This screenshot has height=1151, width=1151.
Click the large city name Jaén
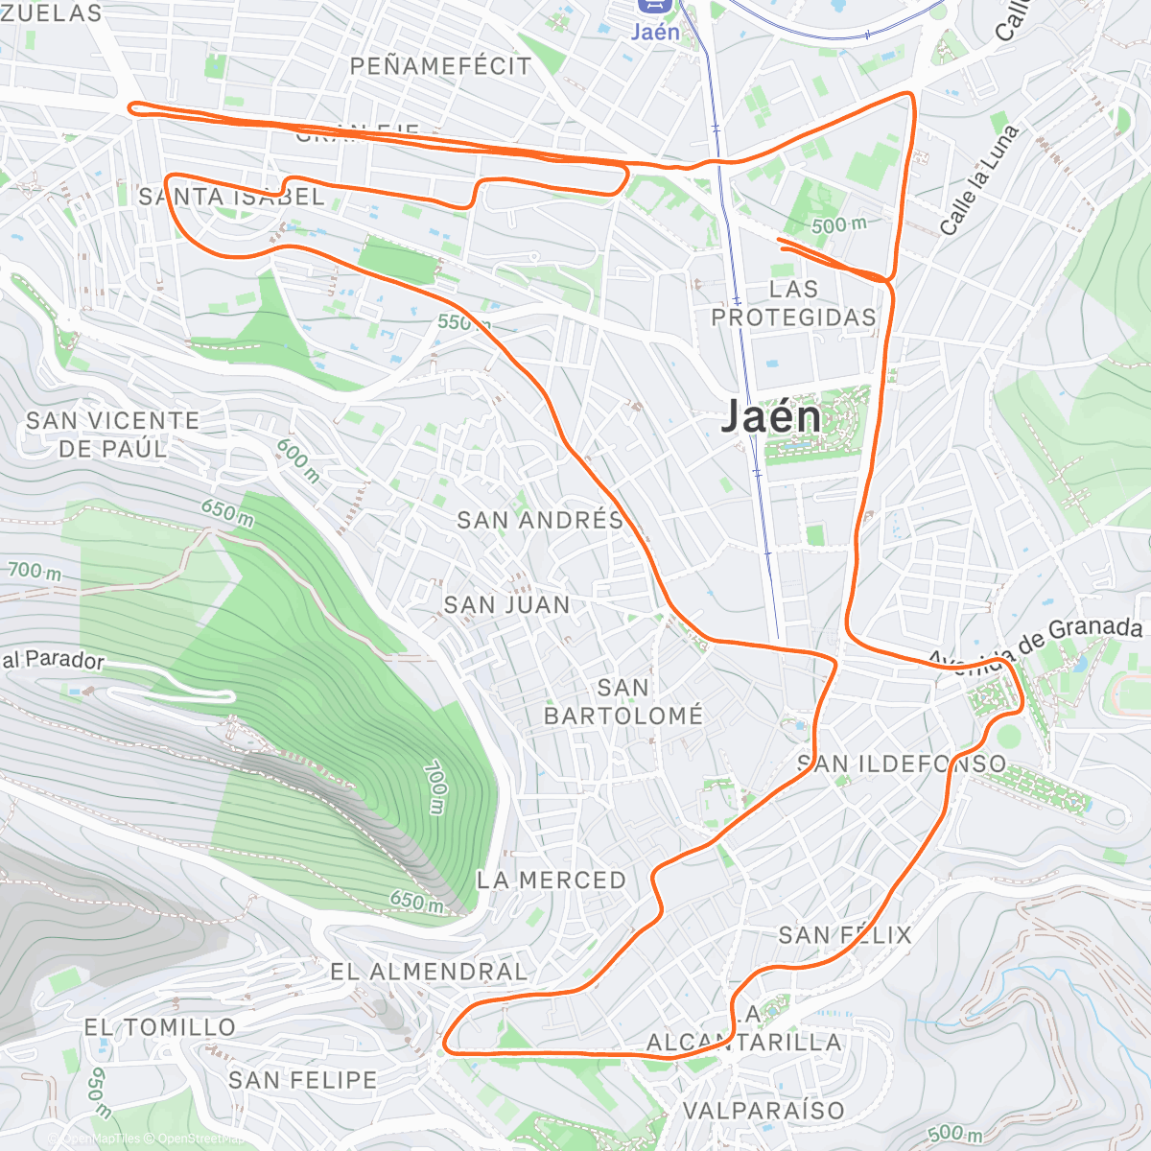click(771, 416)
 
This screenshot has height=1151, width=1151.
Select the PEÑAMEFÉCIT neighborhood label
click(440, 66)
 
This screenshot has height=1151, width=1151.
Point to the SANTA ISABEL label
click(232, 198)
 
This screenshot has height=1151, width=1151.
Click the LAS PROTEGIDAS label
click(794, 303)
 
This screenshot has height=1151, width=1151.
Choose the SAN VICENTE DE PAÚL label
click(113, 435)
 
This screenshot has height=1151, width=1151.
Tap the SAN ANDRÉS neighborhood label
click(540, 520)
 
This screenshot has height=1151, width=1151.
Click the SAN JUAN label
click(506, 604)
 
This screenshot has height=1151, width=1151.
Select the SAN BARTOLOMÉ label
click(623, 701)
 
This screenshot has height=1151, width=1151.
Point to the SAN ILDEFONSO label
click(902, 763)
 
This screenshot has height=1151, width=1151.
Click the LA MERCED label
click(552, 880)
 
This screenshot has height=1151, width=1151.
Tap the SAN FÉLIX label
click(845, 934)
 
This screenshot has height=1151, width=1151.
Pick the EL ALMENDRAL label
click(429, 972)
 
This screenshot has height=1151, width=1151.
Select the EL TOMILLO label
click(160, 1027)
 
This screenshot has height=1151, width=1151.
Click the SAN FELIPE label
click(303, 1080)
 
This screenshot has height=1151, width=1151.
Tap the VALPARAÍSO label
click(763, 1111)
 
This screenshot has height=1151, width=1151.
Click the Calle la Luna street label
click(977, 179)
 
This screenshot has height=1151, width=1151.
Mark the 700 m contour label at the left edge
click(35, 572)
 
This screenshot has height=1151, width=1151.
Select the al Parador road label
click(53, 660)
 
